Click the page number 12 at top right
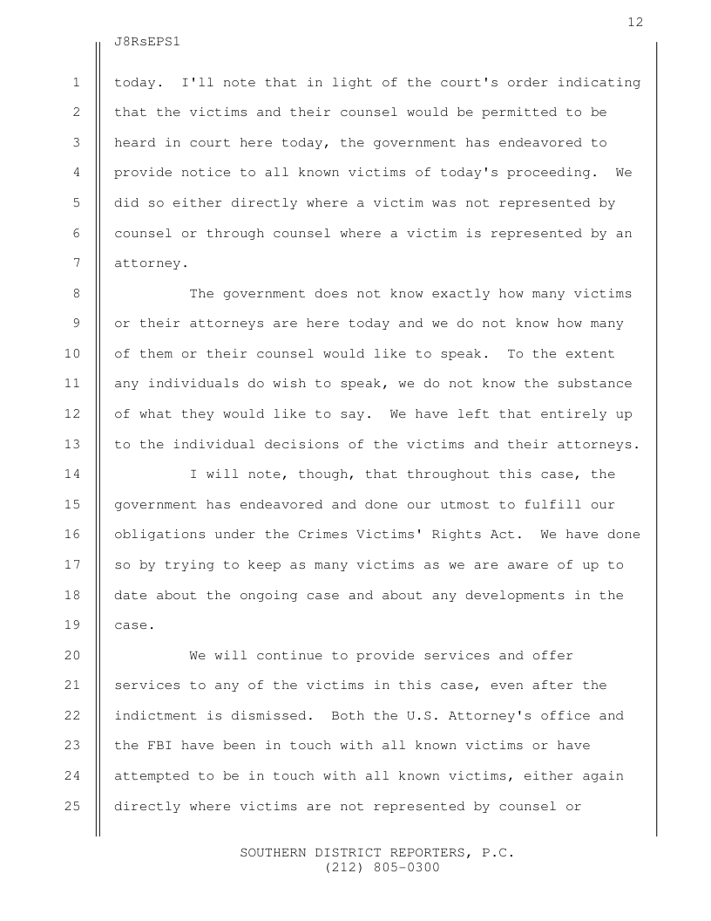click(x=635, y=22)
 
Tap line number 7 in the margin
click(x=76, y=263)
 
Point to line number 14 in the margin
click(x=72, y=474)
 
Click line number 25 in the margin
click(x=72, y=806)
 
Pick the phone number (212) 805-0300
click(x=382, y=868)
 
